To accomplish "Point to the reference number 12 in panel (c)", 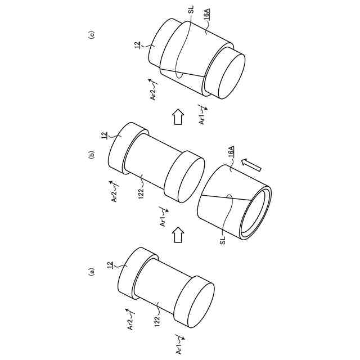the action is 137,44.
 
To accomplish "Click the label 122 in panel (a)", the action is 157,321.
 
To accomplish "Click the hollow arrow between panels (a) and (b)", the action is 178,234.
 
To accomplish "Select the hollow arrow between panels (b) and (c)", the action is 178,118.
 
